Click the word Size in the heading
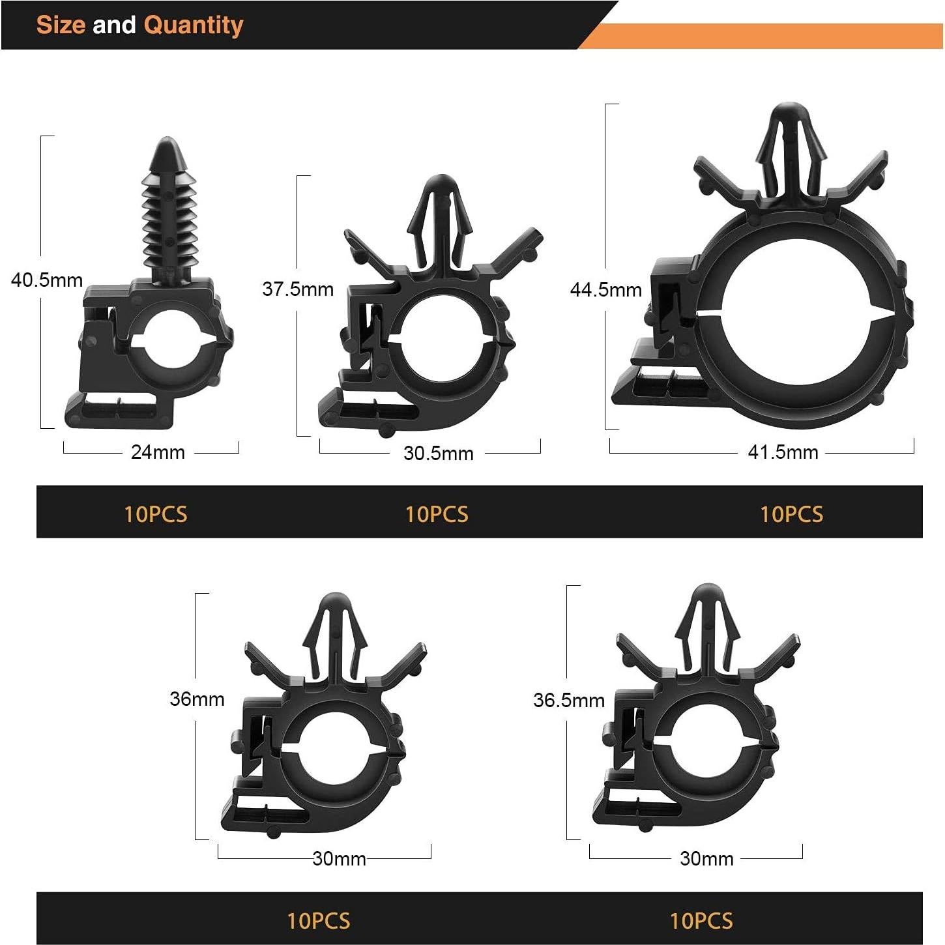pos(61,25)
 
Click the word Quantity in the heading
pos(194,25)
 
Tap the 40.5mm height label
pos(47,280)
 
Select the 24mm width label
pos(158,452)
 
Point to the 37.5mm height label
pos(298,289)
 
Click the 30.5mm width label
pos(438,453)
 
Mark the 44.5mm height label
pos(606,289)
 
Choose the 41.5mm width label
pos(783,452)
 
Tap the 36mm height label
pos(197,699)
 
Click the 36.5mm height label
pos(569,700)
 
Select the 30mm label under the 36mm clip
pos(339,858)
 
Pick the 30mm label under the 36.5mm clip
pos(706,858)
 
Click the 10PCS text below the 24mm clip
pos(156,514)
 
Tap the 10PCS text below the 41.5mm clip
pos(791,514)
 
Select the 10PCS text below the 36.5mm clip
pos(701,920)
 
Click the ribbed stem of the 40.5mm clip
pos(169,222)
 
